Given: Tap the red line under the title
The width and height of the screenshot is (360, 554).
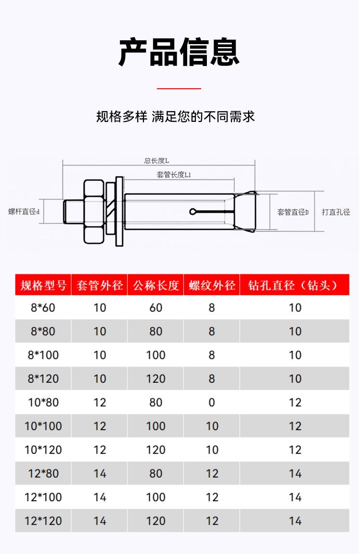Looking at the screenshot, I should (179, 88).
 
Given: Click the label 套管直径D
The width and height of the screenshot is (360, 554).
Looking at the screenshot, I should (293, 212).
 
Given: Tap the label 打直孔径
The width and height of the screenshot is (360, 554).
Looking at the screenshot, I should (336, 212).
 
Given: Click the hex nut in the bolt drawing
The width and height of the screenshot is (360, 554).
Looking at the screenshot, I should (94, 211).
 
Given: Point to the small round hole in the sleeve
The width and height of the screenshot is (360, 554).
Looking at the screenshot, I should (192, 212).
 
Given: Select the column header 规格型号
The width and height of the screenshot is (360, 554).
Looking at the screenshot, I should (43, 286).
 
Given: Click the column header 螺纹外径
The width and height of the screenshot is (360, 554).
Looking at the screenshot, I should (212, 286).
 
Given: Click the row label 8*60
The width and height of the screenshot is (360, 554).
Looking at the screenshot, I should (43, 308).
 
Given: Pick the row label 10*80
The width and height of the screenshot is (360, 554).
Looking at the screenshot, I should (43, 402).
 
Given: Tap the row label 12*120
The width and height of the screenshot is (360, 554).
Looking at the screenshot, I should (43, 521).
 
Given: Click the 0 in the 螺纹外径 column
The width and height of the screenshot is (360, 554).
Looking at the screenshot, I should (212, 402).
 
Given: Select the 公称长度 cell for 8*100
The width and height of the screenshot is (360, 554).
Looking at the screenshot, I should (156, 355).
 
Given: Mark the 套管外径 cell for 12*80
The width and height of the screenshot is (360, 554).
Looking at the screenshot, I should (99, 474).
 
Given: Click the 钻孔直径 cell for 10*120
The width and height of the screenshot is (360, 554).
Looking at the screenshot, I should (295, 450).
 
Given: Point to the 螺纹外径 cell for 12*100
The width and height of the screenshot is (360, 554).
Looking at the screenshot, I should (212, 497).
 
